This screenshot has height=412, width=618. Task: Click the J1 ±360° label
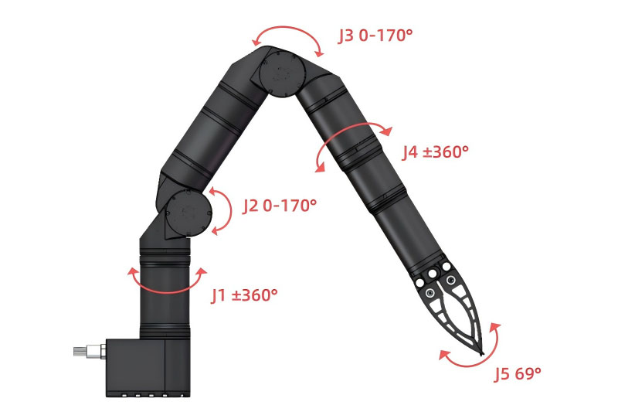[244, 295]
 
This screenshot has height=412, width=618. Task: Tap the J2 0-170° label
[280, 206]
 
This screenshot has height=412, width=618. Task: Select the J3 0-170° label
[375, 36]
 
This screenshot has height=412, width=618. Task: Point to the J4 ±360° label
[435, 152]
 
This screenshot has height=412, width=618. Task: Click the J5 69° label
[518, 373]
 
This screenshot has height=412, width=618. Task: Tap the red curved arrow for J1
[167, 291]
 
